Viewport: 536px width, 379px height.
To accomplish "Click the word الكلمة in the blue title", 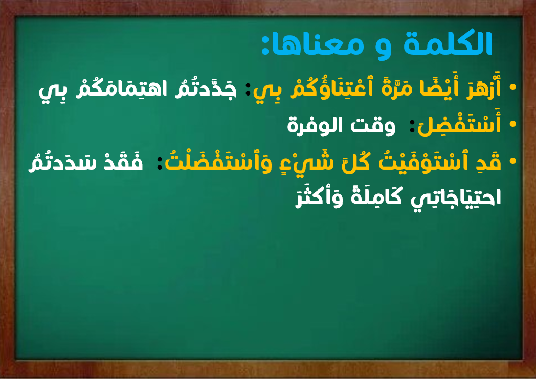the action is [448, 44].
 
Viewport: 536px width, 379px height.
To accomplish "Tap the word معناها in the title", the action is [319, 45].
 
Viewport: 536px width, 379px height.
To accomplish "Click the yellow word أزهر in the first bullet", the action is [484, 87].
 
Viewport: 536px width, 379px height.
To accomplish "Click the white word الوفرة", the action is [315, 126].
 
